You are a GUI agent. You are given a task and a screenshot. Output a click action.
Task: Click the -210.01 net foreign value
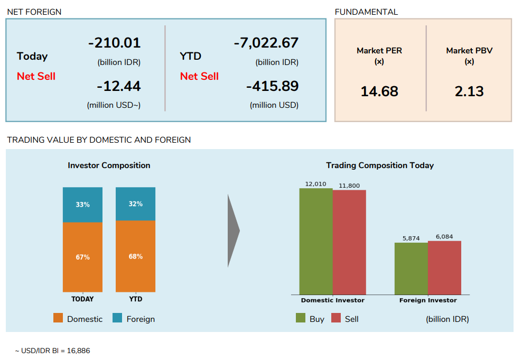point(114,43)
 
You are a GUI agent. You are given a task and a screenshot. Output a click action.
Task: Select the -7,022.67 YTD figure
point(266,43)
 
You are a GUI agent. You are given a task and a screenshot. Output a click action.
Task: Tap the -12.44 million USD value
point(118,86)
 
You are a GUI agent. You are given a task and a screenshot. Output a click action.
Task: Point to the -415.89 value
point(272,86)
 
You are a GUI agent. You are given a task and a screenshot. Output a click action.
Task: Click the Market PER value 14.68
point(379,91)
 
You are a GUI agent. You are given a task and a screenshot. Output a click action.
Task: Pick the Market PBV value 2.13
point(469,91)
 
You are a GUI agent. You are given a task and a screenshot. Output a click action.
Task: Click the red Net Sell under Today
point(36,76)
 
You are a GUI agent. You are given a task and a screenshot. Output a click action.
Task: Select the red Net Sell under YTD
point(199,76)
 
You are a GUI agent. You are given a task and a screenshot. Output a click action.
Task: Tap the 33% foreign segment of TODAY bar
point(82,205)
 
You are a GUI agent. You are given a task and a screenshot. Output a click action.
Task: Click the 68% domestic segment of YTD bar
point(135,256)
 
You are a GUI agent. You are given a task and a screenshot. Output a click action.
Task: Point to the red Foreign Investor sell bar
point(444,267)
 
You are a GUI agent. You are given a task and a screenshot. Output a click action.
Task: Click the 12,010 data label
point(315,184)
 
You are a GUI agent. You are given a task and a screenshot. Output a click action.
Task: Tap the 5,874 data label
point(411,238)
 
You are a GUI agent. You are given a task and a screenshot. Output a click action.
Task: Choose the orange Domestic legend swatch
point(58,318)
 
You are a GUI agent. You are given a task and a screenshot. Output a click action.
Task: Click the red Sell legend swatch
point(336,318)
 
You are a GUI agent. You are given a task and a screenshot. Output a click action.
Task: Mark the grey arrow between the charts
point(233,230)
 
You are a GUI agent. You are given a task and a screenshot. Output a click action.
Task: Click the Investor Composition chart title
point(109,165)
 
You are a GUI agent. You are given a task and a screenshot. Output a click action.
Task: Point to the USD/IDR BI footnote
point(49,350)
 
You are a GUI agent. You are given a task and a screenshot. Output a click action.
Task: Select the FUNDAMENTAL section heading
point(366,12)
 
